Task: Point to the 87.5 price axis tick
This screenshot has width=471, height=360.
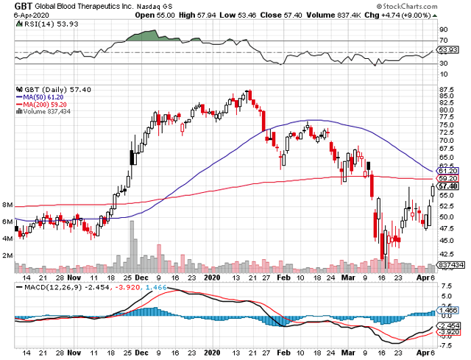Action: [445, 93]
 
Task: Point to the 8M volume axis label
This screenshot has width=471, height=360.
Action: [8, 205]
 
